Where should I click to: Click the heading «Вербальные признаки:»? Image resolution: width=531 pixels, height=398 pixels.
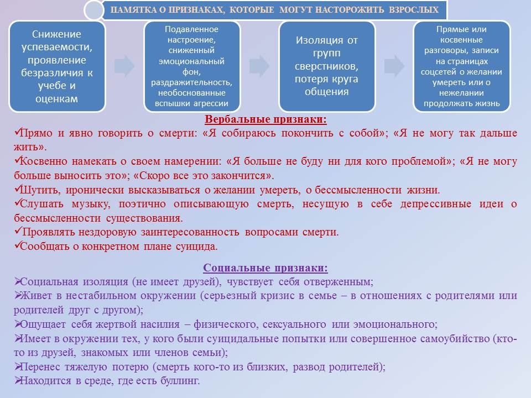click(x=265, y=119)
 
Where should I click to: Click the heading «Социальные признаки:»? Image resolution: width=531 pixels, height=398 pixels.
click(x=265, y=268)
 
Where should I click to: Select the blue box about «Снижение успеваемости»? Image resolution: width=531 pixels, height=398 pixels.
click(x=57, y=66)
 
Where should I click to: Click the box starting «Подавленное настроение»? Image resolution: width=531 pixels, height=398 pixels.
click(x=192, y=66)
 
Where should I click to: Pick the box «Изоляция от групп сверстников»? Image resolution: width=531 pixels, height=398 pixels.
click(x=327, y=66)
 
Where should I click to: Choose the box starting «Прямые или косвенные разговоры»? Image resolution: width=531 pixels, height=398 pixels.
click(x=461, y=66)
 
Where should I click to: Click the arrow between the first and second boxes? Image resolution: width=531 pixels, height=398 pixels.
click(x=124, y=66)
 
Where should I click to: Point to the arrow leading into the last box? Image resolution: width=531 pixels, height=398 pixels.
click(x=394, y=66)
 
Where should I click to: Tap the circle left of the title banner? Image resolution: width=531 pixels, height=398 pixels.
click(x=94, y=10)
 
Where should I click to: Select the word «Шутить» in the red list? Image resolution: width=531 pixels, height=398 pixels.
click(x=40, y=190)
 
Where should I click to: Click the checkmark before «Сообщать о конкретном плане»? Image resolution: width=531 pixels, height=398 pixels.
click(x=17, y=245)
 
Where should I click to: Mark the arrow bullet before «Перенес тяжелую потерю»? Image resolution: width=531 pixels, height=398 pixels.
click(x=17, y=366)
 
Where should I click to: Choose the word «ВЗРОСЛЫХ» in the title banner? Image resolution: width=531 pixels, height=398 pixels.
click(x=414, y=9)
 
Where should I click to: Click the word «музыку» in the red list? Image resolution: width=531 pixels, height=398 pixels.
click(x=91, y=204)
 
